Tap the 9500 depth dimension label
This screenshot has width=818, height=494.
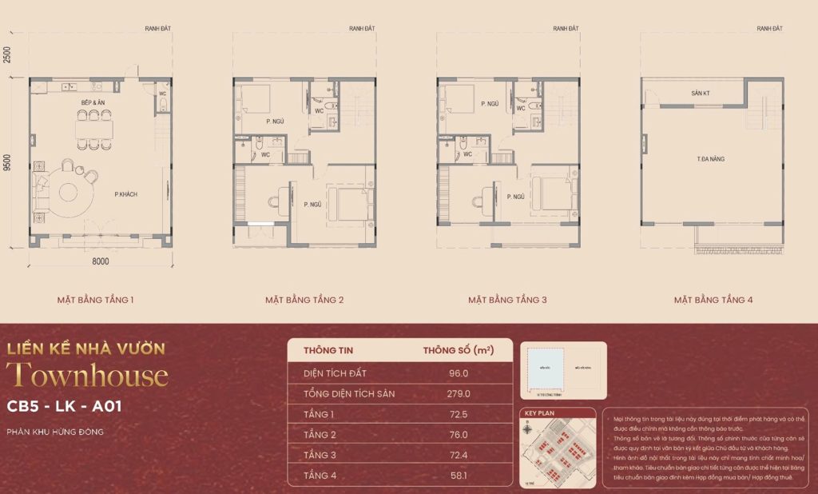point(7,162)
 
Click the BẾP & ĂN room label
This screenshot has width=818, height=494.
point(94,103)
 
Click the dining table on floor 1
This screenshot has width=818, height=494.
point(94,129)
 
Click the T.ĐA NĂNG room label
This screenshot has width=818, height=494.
point(710,159)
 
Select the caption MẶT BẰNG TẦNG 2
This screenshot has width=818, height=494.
point(304,301)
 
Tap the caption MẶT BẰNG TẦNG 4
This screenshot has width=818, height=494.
point(713,301)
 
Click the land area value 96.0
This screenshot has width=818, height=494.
point(459,372)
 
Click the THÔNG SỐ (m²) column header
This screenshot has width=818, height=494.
point(459,350)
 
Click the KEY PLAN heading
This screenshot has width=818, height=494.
point(540,414)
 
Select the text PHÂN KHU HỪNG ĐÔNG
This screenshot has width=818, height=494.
point(55,432)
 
